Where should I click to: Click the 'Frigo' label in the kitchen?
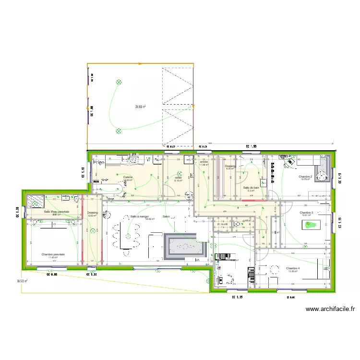pyautogui.click(x=98, y=163)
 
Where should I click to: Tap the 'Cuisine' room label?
pyautogui.click(x=128, y=177)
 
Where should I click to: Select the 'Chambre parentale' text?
pyautogui.click(x=53, y=254)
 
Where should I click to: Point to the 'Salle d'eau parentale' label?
pyautogui.click(x=57, y=212)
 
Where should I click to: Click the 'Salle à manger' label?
pyautogui.click(x=142, y=216)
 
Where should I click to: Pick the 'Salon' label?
pyautogui.click(x=166, y=216)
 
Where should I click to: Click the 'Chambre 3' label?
pyautogui.click(x=306, y=212)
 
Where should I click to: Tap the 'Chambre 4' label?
pyautogui.click(x=293, y=268)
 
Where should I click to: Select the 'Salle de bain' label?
pyautogui.click(x=252, y=188)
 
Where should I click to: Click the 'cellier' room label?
pyautogui.click(x=179, y=178)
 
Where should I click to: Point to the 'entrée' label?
pyautogui.click(x=204, y=162)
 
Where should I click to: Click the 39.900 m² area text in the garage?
pyautogui.click(x=140, y=107)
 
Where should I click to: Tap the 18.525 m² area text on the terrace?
pyautogui.click(x=22, y=281)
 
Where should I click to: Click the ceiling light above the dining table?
pyautogui.click(x=129, y=235)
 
